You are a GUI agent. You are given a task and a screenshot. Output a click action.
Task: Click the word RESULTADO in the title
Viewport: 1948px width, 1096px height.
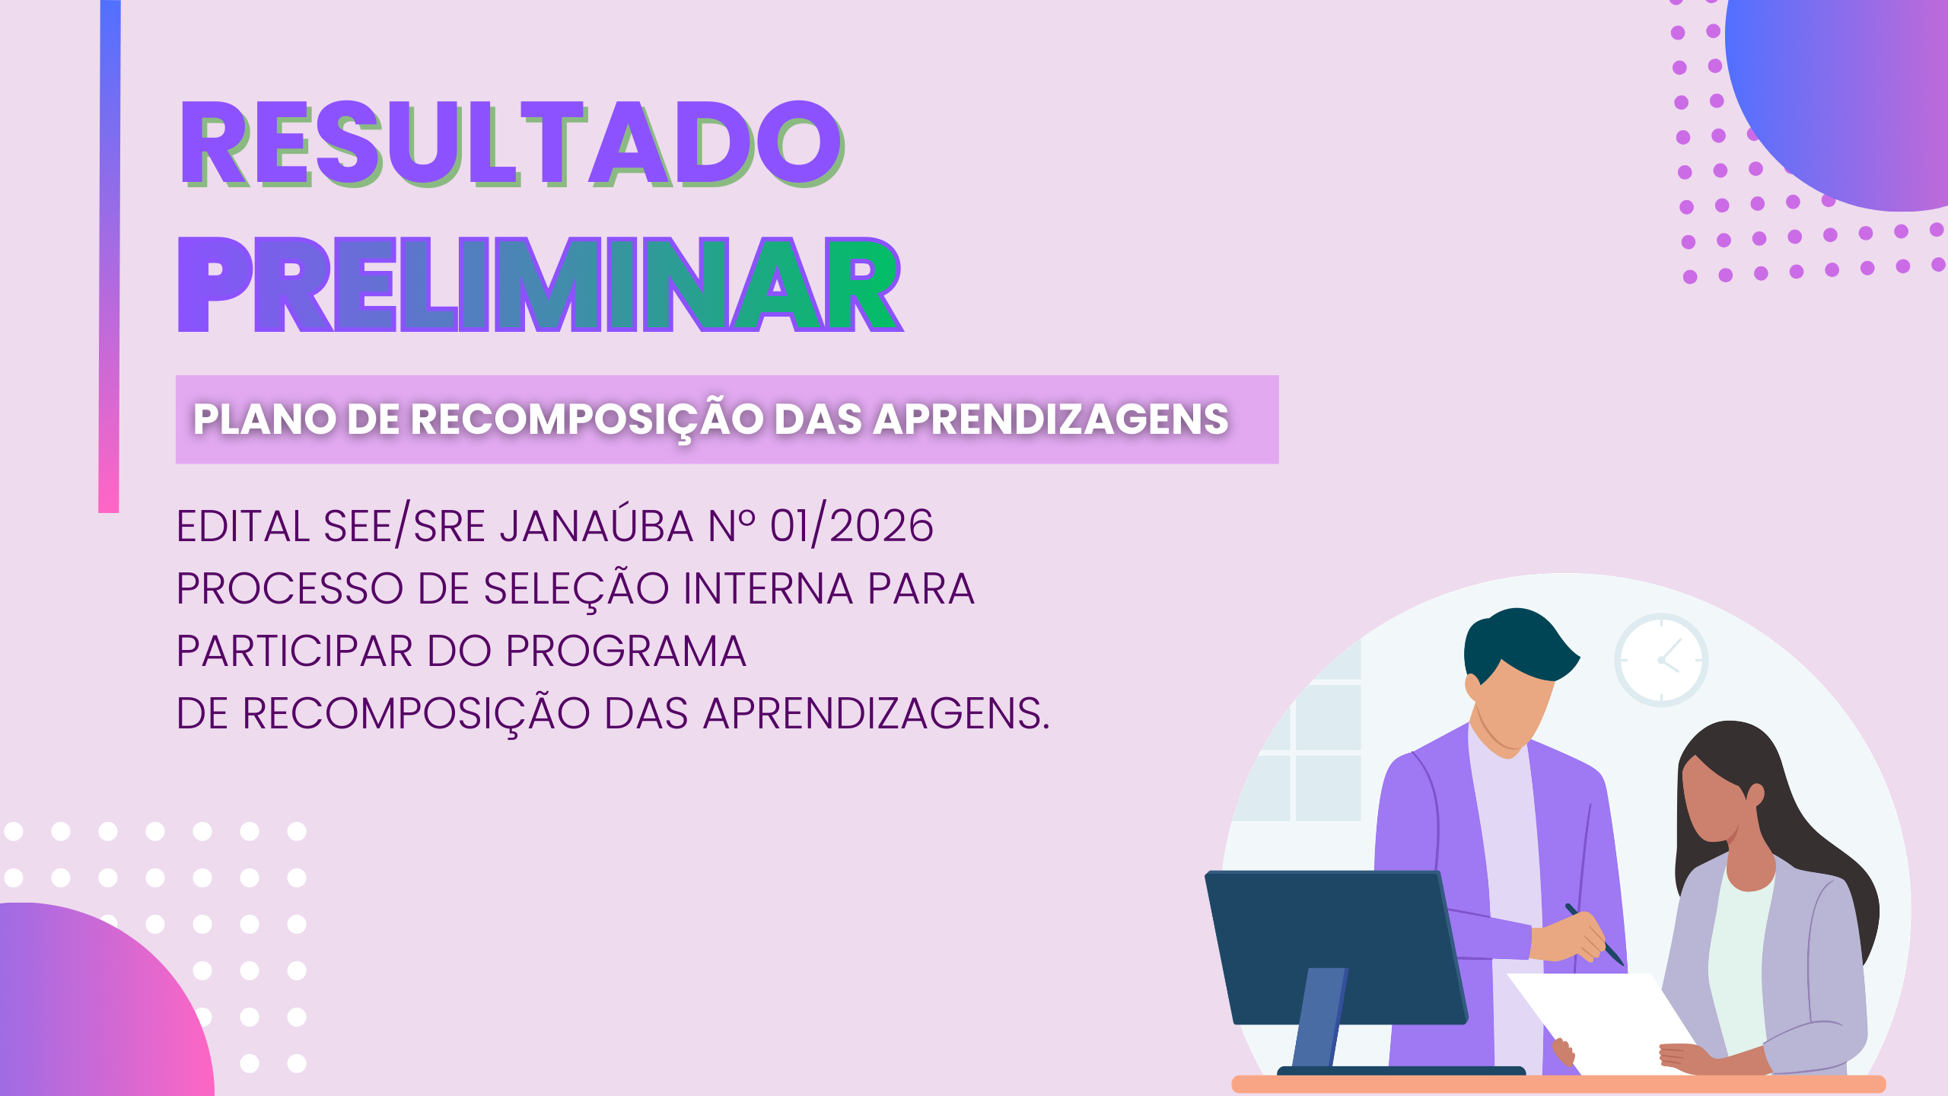pos(511,143)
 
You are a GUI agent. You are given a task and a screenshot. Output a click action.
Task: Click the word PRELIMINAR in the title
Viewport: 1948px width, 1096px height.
pos(540,285)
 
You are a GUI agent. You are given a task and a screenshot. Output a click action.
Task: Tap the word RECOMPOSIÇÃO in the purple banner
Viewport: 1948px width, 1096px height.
pos(587,420)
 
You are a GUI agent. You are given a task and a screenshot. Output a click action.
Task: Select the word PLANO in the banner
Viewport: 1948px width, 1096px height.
pos(264,419)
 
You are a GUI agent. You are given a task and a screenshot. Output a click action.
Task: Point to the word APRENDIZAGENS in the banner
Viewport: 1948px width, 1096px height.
pos(1051,419)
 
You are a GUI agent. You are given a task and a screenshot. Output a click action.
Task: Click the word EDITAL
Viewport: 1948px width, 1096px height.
pos(243,526)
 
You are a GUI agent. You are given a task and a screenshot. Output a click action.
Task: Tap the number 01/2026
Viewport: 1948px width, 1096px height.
pos(851,525)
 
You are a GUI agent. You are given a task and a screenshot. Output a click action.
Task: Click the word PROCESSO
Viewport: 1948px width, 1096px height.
pos(289,588)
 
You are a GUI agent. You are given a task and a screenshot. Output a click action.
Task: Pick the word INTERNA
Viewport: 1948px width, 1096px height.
pos(768,588)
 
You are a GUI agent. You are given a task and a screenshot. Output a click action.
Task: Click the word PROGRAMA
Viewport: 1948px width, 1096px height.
pos(625,651)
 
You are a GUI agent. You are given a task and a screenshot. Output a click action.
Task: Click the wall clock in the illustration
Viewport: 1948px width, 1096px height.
pos(1661,660)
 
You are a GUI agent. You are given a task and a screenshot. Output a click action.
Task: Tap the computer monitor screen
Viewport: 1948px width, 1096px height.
pos(1335,948)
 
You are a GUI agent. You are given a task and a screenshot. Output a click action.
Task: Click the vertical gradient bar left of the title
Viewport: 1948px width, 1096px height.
pos(110,256)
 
